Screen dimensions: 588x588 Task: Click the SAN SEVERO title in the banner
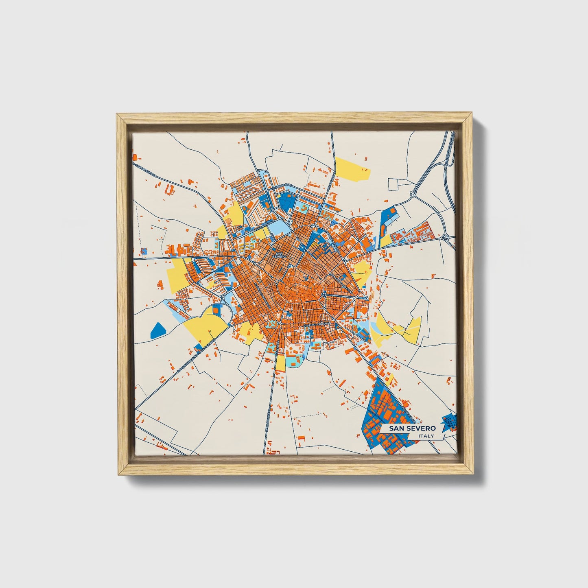point(412,428)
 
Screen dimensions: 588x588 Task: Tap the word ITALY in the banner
point(426,436)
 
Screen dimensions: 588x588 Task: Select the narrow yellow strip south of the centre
point(280,364)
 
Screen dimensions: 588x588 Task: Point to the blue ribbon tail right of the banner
point(449,422)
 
